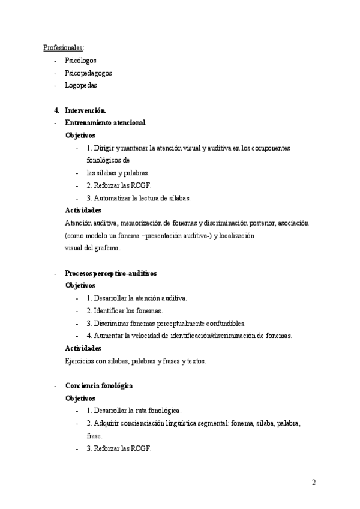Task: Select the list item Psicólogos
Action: pyautogui.click(x=80, y=61)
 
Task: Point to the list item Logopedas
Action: pyautogui.click(x=81, y=85)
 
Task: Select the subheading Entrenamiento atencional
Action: pyautogui.click(x=105, y=123)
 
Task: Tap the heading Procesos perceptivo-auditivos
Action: pyautogui.click(x=110, y=273)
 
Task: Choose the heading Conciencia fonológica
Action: pyautogui.click(x=98, y=385)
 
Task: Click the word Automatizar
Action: pyautogui.click(x=112, y=198)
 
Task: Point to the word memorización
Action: pyautogui.click(x=146, y=223)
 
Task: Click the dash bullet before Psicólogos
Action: pyautogui.click(x=55, y=61)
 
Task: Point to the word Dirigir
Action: pyautogui.click(x=104, y=148)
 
